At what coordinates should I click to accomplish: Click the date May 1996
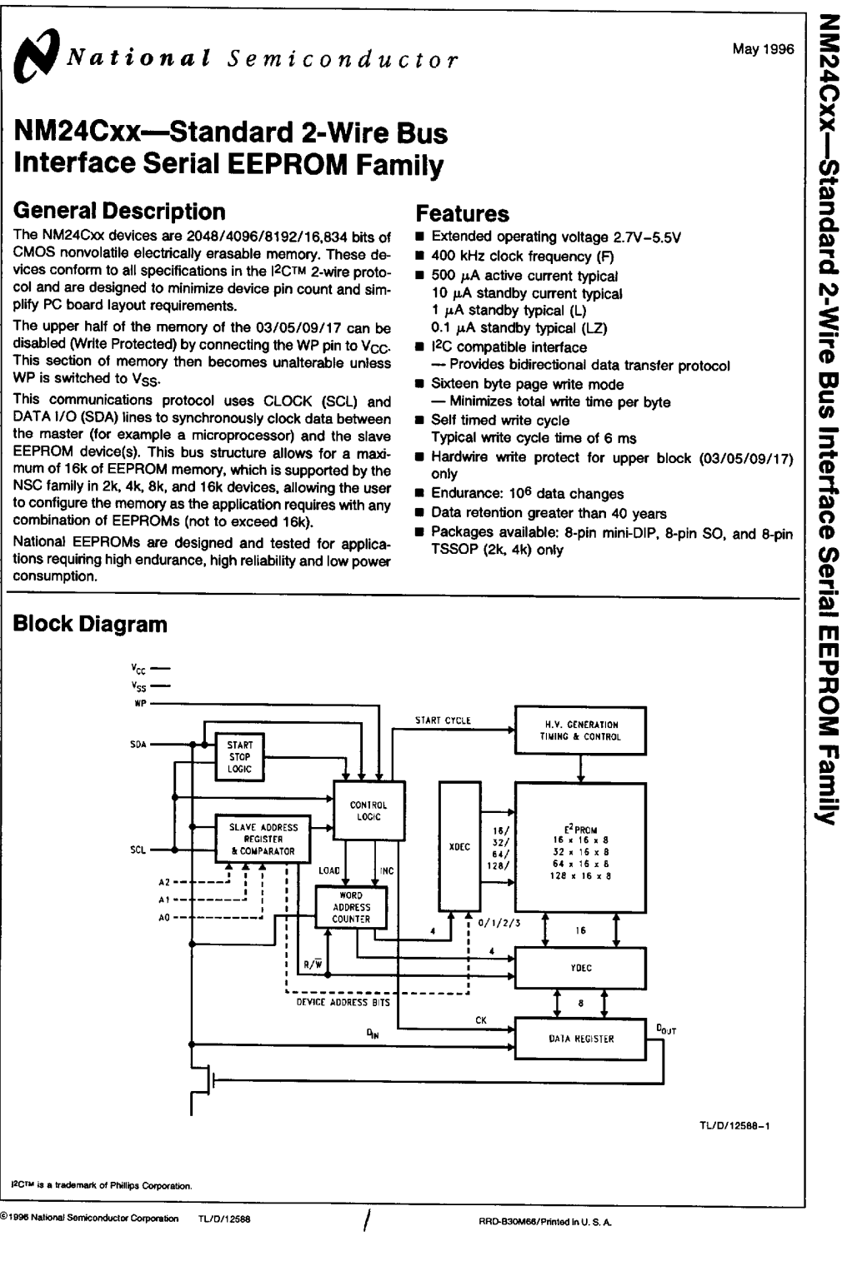763,49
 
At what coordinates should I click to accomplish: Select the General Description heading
119,211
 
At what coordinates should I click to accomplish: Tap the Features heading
462,213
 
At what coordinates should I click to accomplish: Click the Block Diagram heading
90,624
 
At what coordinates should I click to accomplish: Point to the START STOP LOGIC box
239,757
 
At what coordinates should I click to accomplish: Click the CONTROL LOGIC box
368,810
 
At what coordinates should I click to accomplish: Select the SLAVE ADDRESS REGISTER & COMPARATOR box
263,840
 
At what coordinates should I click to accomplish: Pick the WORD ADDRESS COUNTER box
351,907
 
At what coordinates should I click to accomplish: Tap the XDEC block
459,846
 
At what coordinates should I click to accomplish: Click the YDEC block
580,968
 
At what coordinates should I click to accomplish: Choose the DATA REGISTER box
580,1039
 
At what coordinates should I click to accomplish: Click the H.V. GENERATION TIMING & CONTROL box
580,730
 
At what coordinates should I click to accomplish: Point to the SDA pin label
138,745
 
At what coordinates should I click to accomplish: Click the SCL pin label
138,850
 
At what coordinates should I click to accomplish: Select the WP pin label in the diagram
140,704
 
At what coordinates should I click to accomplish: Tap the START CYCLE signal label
443,720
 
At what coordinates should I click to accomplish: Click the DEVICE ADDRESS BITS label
343,1003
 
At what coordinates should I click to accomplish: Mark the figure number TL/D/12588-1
734,1126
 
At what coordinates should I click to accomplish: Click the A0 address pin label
164,918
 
